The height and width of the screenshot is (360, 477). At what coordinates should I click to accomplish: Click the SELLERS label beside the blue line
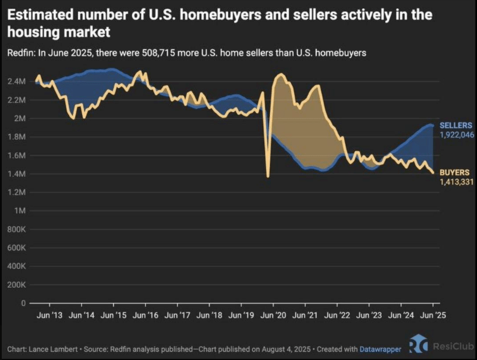(456, 125)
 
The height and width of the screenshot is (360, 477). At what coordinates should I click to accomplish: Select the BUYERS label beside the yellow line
(454, 172)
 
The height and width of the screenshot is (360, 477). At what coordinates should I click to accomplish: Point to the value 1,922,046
(457, 135)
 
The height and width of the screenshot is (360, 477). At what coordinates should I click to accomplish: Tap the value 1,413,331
(457, 182)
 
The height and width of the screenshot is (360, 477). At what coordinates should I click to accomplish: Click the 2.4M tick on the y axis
(17, 81)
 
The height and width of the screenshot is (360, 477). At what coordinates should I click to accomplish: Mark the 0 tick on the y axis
(24, 303)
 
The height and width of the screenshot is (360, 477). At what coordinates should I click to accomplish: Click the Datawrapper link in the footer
(381, 348)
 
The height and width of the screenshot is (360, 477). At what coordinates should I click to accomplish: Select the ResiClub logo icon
(419, 347)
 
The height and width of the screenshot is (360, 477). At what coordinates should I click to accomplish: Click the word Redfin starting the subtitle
(19, 53)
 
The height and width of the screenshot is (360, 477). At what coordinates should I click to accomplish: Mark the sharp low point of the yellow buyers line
(268, 176)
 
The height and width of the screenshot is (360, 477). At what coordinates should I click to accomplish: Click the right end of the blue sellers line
(432, 126)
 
